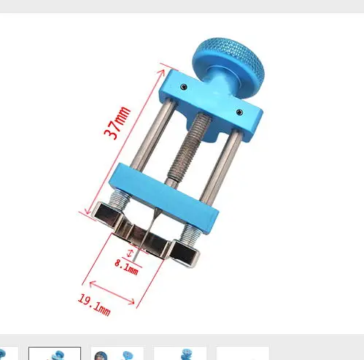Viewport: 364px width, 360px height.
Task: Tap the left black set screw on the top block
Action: (x=184, y=87)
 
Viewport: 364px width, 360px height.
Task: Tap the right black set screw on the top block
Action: (x=239, y=112)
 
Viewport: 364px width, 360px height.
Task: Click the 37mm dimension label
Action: (x=117, y=123)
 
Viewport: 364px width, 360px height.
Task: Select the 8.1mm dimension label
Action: (x=126, y=267)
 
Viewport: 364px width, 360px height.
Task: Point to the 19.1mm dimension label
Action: (x=94, y=305)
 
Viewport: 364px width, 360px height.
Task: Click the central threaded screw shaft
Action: (x=188, y=148)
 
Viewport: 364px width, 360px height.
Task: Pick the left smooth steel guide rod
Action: (x=152, y=134)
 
